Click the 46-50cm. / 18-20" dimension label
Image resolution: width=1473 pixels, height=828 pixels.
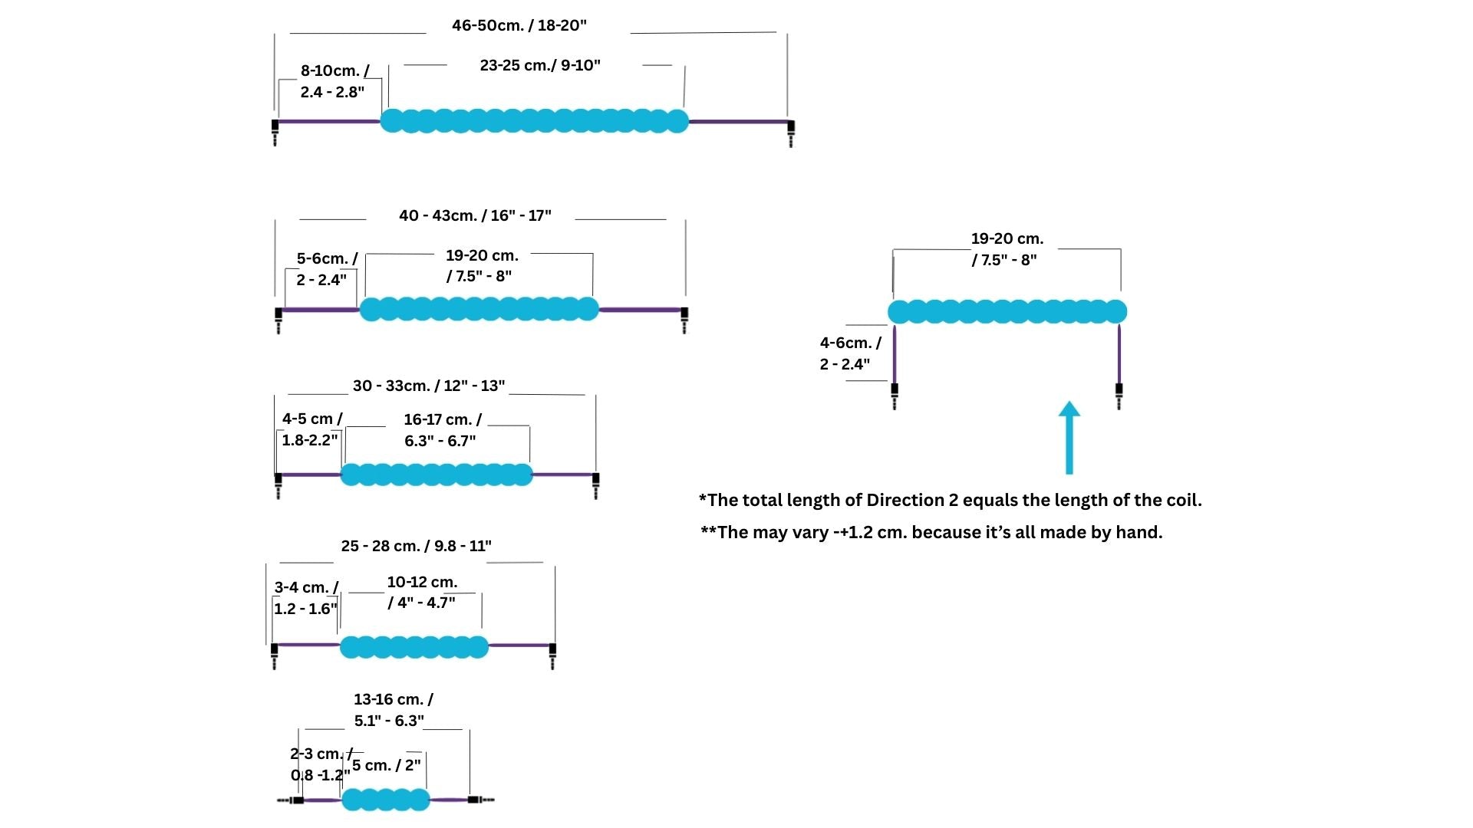pos(519,25)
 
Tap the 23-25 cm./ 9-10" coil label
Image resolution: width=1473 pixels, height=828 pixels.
pos(540,65)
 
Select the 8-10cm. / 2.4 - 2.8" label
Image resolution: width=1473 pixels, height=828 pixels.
pos(334,81)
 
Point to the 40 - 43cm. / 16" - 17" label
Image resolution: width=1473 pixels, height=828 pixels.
pos(475,215)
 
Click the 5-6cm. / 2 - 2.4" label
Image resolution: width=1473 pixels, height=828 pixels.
pos(325,269)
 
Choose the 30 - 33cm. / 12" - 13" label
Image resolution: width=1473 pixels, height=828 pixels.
pos(429,386)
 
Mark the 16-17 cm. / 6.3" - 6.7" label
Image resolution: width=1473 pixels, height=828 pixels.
pos(442,430)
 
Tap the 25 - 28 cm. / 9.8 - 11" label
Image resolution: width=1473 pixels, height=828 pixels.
pos(416,546)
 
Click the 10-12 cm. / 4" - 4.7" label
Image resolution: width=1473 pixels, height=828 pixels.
pos(422,592)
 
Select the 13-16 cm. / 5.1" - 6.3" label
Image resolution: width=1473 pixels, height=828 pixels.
pos(392,710)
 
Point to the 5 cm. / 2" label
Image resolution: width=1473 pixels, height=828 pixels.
pos(387,765)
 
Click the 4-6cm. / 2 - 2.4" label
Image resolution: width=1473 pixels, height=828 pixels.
pos(850,353)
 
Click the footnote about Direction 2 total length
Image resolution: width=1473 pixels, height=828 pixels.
pos(950,501)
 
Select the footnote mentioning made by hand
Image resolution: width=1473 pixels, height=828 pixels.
pos(931,532)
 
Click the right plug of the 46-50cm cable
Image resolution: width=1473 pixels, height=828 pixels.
pos(791,132)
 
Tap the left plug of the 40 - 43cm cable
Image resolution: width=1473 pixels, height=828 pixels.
pos(278,318)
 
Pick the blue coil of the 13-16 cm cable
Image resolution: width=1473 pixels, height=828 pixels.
pos(386,800)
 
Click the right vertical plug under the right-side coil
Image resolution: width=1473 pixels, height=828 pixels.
pos(1119,394)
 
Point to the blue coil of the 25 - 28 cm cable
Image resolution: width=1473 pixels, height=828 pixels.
pos(414,647)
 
